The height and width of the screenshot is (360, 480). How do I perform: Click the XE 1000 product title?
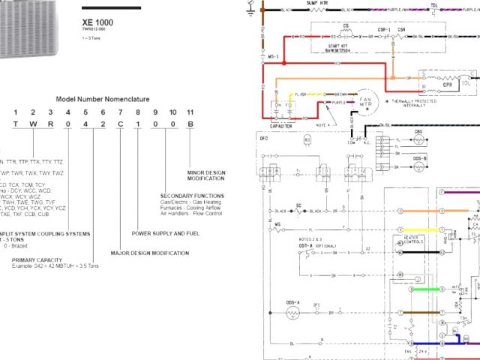(97, 23)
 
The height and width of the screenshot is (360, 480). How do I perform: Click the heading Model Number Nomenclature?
(102, 99)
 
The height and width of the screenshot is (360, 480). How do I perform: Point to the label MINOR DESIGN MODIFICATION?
(204, 175)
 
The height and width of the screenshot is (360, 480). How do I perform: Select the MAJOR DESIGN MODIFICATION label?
(149, 253)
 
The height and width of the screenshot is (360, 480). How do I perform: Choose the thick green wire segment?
(420, 289)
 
